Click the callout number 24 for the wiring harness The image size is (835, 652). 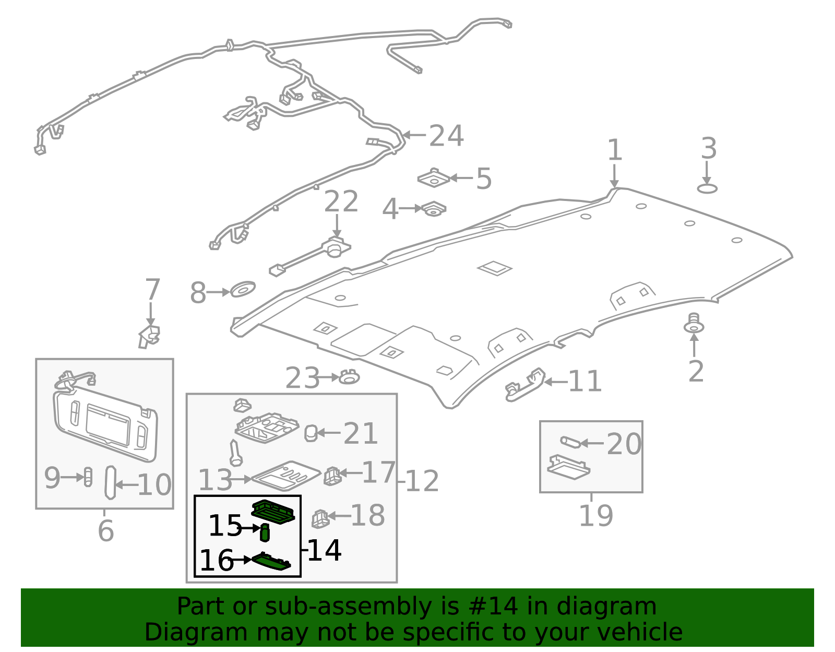pyautogui.click(x=446, y=136)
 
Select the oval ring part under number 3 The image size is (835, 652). pyautogui.click(x=707, y=188)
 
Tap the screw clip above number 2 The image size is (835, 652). pyautogui.click(x=694, y=324)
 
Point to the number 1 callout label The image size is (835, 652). pyautogui.click(x=615, y=150)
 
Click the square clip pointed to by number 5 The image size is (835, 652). pyautogui.click(x=434, y=179)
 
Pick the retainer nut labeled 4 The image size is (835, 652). pyautogui.click(x=434, y=209)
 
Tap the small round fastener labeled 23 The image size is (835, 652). pyautogui.click(x=349, y=376)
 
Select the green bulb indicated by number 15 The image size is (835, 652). pyautogui.click(x=265, y=532)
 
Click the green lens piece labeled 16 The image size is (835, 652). pyautogui.click(x=271, y=562)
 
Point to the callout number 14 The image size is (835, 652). pyautogui.click(x=324, y=550)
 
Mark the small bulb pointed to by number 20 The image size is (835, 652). pyautogui.click(x=570, y=442)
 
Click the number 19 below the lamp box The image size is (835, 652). pyautogui.click(x=595, y=516)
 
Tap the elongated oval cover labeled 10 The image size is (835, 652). pyautogui.click(x=110, y=483)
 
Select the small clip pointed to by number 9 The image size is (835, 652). pyautogui.click(x=88, y=477)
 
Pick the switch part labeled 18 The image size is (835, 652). pyautogui.click(x=320, y=518)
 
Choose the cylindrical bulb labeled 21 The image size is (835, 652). pyautogui.click(x=311, y=433)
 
